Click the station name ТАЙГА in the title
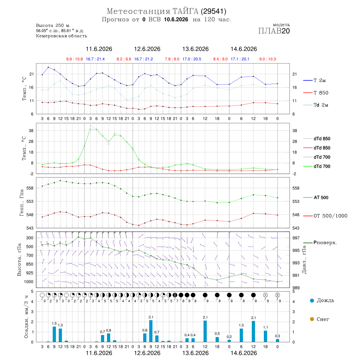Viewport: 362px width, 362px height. pos(185,11)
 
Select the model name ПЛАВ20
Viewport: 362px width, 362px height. pos(274,31)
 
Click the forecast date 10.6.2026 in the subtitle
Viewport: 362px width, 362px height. pos(176,19)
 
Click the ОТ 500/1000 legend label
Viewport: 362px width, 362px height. pos(325,216)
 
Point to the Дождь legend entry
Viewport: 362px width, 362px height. pos(322,300)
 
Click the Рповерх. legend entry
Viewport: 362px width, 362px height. pos(320,243)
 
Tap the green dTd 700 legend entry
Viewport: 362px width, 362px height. pos(317,166)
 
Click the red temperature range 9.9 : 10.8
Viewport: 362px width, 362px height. pos(74,59)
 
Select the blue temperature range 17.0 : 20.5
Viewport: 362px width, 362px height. pos(191,59)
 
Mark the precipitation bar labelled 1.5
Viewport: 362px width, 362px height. pos(54,334)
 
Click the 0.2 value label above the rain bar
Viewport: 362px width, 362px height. pos(229,337)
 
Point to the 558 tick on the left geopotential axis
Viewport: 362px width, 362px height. pos(30,188)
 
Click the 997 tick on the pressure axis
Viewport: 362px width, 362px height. pos(296,238)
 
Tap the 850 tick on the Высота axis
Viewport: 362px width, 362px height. pos(29,264)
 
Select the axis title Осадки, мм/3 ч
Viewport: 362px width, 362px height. pos(26,317)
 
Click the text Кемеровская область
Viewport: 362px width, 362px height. pos(62,36)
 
